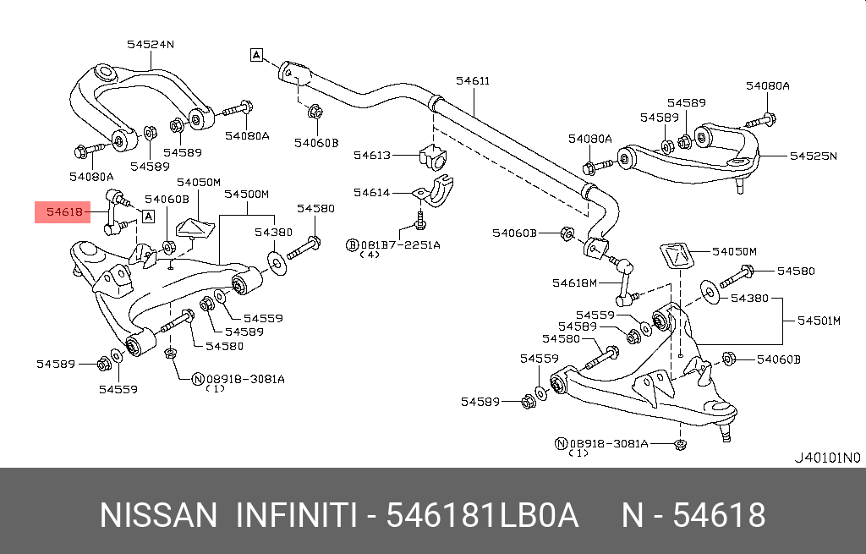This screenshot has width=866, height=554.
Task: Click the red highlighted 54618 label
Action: (64, 212)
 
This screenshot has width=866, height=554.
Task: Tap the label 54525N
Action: (813, 156)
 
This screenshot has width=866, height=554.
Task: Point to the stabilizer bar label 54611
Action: (472, 81)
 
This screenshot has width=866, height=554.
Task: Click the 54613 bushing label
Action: (372, 155)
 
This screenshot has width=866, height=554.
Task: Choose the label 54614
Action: (372, 193)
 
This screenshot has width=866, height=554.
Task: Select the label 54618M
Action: (574, 282)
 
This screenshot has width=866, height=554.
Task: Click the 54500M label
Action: (246, 194)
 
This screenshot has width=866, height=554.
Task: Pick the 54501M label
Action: (819, 321)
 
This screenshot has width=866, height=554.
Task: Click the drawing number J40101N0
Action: (826, 457)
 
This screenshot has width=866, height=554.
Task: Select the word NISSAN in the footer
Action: (158, 515)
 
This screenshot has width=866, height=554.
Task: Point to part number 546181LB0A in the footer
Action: (482, 515)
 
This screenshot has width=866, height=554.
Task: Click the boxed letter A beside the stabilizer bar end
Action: (256, 56)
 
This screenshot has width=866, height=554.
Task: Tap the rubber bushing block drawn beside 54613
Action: (431, 155)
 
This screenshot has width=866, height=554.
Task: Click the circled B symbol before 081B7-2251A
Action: (353, 244)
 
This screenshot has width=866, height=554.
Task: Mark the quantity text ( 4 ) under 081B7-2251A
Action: (370, 255)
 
